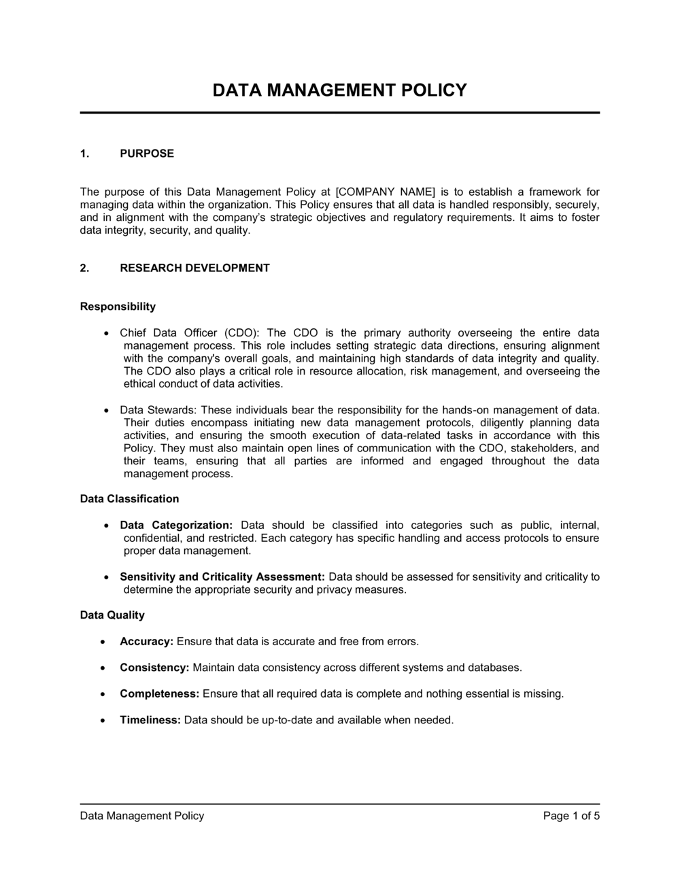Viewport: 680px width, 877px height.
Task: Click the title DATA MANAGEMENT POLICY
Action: [x=340, y=90]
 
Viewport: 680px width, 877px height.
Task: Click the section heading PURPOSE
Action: [x=147, y=154]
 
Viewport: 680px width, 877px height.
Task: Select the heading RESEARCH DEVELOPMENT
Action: [x=194, y=268]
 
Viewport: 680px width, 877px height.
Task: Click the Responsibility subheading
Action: [x=118, y=307]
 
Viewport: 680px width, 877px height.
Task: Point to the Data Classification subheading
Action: [x=129, y=499]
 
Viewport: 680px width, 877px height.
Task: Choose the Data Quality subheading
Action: [x=112, y=615]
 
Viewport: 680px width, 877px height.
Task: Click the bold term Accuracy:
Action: [x=147, y=642]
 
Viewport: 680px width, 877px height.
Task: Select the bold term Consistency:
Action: [x=154, y=668]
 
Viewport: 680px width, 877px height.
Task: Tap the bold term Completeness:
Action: [x=159, y=694]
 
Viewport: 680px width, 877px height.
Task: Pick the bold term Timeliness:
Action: [x=150, y=720]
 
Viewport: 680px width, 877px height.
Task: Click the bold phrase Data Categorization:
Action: [x=176, y=526]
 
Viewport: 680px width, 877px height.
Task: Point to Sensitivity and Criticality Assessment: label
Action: [x=222, y=577]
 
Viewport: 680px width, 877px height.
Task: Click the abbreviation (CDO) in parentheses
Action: [x=241, y=333]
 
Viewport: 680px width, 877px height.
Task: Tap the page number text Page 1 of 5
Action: [x=571, y=816]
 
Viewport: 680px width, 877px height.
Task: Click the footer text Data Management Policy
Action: [x=142, y=816]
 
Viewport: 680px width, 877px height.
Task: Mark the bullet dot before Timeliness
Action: [x=103, y=720]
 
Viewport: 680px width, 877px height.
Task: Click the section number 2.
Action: [x=84, y=268]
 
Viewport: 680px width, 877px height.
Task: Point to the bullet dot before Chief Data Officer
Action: [x=106, y=334]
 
